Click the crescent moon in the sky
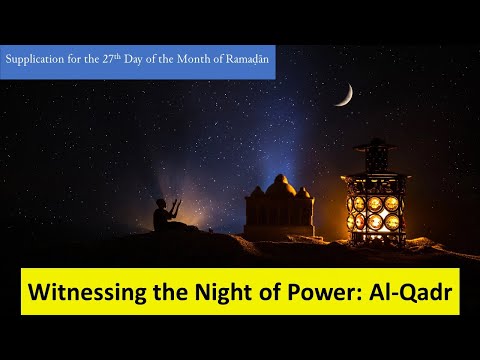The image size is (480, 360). (x=344, y=95)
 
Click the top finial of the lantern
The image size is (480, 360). (x=376, y=143)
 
